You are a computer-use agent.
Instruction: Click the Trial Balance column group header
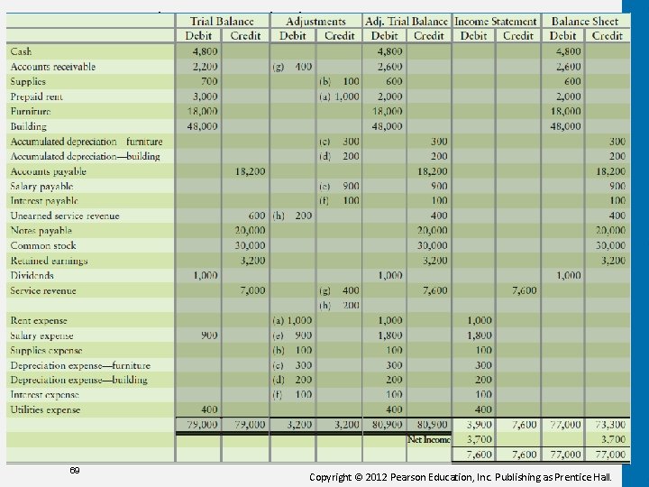222,21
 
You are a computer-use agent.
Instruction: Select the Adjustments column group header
315,21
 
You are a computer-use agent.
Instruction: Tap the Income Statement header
495,21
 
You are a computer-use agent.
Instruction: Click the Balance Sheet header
585,21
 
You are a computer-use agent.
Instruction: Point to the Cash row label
21,51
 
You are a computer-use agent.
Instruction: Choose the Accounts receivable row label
52,67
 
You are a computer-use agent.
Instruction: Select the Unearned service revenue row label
64,216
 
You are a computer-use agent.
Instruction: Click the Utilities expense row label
45,409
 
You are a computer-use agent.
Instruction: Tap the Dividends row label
32,275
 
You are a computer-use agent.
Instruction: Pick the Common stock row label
43,245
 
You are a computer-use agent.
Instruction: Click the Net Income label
428,439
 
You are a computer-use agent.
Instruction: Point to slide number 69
75,471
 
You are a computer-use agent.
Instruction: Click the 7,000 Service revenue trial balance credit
252,290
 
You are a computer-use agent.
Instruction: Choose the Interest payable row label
44,201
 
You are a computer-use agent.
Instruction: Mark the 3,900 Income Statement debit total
479,424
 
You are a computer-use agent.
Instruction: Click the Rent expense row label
39,320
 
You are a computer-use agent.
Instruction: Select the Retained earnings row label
49,261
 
